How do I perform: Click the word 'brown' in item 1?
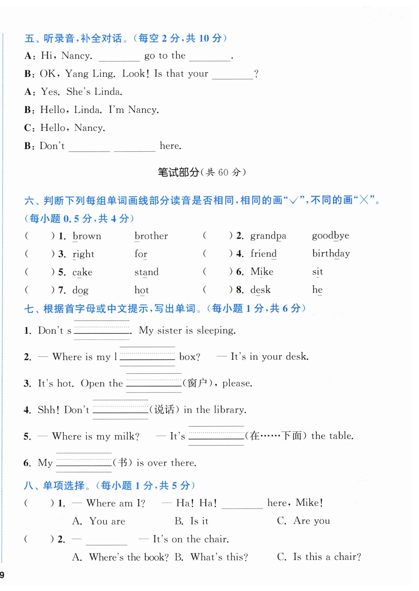point(87,236)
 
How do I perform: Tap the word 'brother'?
point(151,236)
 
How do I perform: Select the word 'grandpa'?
point(268,236)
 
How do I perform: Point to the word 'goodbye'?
point(331,236)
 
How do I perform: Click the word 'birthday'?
point(331,254)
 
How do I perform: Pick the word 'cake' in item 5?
point(82,272)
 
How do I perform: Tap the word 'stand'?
point(146,272)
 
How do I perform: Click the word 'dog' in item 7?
point(80,291)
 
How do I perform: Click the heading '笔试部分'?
point(178,172)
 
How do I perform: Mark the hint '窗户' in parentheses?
point(197,383)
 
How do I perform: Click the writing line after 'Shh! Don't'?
point(120,410)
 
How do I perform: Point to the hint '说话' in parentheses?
point(164,410)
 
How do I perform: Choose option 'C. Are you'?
point(304,521)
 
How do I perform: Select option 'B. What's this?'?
point(211,557)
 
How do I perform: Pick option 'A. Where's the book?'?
point(120,557)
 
